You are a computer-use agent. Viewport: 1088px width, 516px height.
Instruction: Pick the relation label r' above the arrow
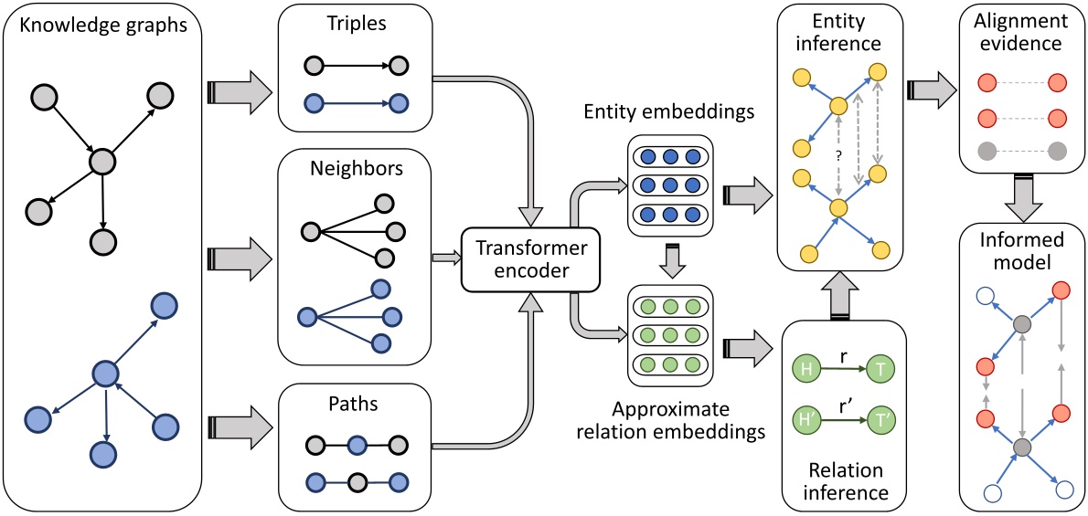(x=843, y=398)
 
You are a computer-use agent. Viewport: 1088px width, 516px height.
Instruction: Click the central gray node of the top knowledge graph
(x=102, y=165)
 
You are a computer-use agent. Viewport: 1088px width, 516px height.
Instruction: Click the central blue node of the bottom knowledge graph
(x=107, y=374)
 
